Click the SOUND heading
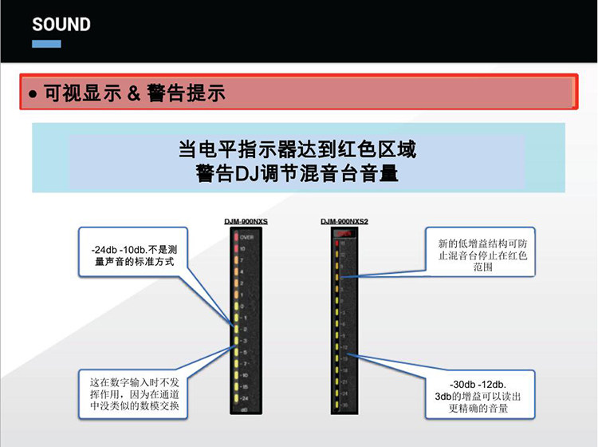pos(61,24)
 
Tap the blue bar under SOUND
pos(46,43)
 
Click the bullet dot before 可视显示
pos(33,94)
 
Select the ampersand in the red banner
pos(133,93)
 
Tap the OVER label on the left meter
pos(246,237)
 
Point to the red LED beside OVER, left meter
pos(235,237)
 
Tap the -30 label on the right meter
pos(344,405)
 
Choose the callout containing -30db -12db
pos(478,391)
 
